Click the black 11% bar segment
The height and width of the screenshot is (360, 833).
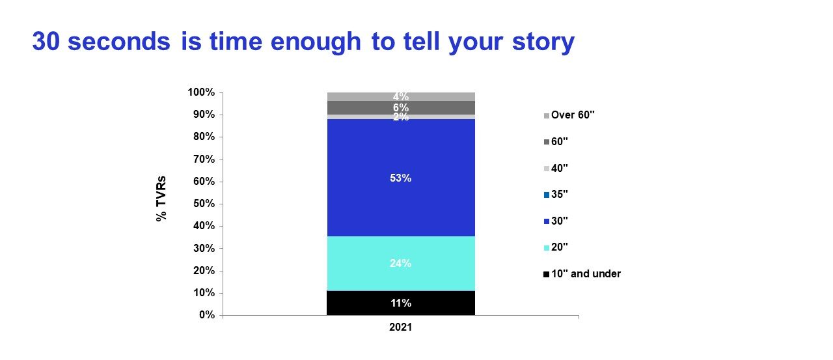tap(401, 303)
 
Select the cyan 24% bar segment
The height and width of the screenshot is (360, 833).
tap(401, 263)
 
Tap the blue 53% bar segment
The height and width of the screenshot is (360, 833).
tap(401, 178)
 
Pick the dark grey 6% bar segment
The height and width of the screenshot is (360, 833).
tap(401, 107)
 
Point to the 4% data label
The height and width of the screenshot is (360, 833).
tap(401, 96)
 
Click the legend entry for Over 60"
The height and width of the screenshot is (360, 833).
tap(569, 115)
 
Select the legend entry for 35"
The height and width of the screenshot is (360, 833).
tap(556, 194)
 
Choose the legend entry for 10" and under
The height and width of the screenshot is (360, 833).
tap(582, 273)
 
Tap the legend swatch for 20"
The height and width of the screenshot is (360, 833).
tap(546, 247)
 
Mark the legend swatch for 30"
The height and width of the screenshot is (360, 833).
tap(546, 221)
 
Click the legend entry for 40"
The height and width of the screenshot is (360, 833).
tap(556, 168)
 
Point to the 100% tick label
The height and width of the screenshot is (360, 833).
tap(201, 92)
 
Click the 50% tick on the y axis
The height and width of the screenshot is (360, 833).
tap(221, 204)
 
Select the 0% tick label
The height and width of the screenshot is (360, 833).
tap(207, 315)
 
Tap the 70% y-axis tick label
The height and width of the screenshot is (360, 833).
tap(204, 159)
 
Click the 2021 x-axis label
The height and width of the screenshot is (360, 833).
tap(400, 327)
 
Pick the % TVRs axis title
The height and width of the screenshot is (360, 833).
tap(161, 199)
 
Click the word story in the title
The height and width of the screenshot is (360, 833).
tap(543, 42)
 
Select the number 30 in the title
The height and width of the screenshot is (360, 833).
tap(46, 41)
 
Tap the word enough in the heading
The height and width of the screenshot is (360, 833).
tap(316, 42)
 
